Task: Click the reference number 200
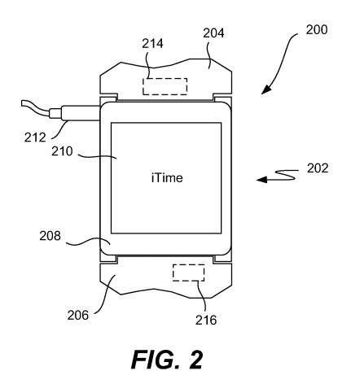coord(317,29)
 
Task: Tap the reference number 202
coord(318,168)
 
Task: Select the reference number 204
coord(213,33)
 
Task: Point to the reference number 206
coord(78,315)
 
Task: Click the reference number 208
coord(50,236)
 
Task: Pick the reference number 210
coord(62,151)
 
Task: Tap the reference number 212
coord(35,137)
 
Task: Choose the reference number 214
coord(152,43)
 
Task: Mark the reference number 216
coord(206,320)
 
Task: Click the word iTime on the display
coord(167,177)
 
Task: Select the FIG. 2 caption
coord(167,360)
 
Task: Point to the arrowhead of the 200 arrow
coord(266,89)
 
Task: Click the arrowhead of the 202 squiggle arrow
coord(261,179)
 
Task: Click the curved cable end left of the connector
coord(35,108)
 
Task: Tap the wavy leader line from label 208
coord(88,242)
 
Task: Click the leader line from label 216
coord(202,295)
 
